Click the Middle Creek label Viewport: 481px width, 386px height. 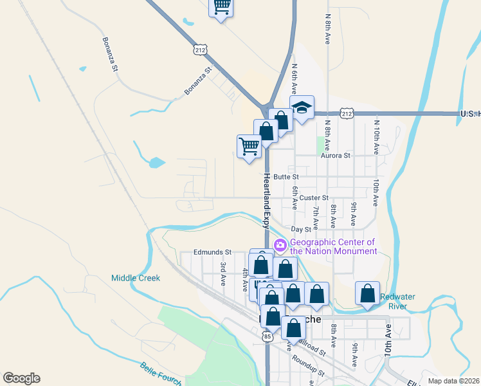coord(135,278)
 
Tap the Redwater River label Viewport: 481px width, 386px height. coord(403,302)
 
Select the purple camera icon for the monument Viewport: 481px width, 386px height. coord(280,245)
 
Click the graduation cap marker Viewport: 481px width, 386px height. coord(302,107)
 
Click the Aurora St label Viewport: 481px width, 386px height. coord(336,155)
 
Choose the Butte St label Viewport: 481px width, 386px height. coord(286,176)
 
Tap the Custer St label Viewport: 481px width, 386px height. coord(314,198)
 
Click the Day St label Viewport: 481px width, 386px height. coord(301,228)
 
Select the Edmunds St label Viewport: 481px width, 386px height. coord(212,252)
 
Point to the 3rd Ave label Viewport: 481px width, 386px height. coord(223,273)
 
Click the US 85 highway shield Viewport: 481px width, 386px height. coord(268,336)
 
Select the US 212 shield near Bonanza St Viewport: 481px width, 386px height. coord(200,48)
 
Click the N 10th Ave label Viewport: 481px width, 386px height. coord(376,134)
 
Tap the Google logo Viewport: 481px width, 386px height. coord(21,378)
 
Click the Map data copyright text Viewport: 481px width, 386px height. coord(453,381)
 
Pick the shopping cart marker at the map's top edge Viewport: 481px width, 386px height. coord(221,7)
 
